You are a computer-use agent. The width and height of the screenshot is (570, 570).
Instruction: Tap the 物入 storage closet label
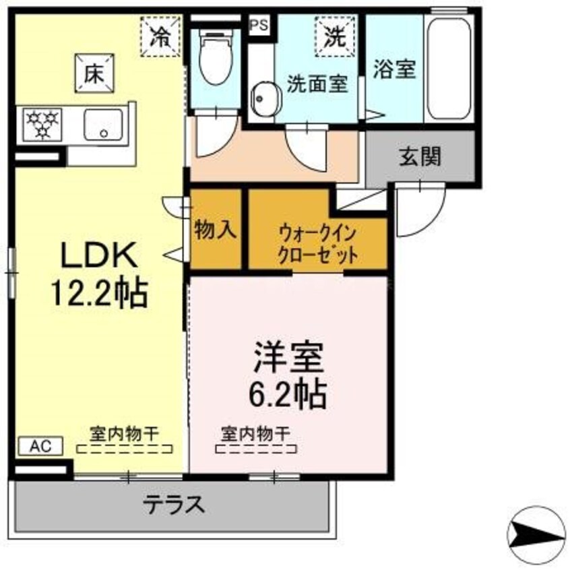click(x=215, y=230)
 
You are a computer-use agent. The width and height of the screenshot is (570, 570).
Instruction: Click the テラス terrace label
click(x=174, y=505)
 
